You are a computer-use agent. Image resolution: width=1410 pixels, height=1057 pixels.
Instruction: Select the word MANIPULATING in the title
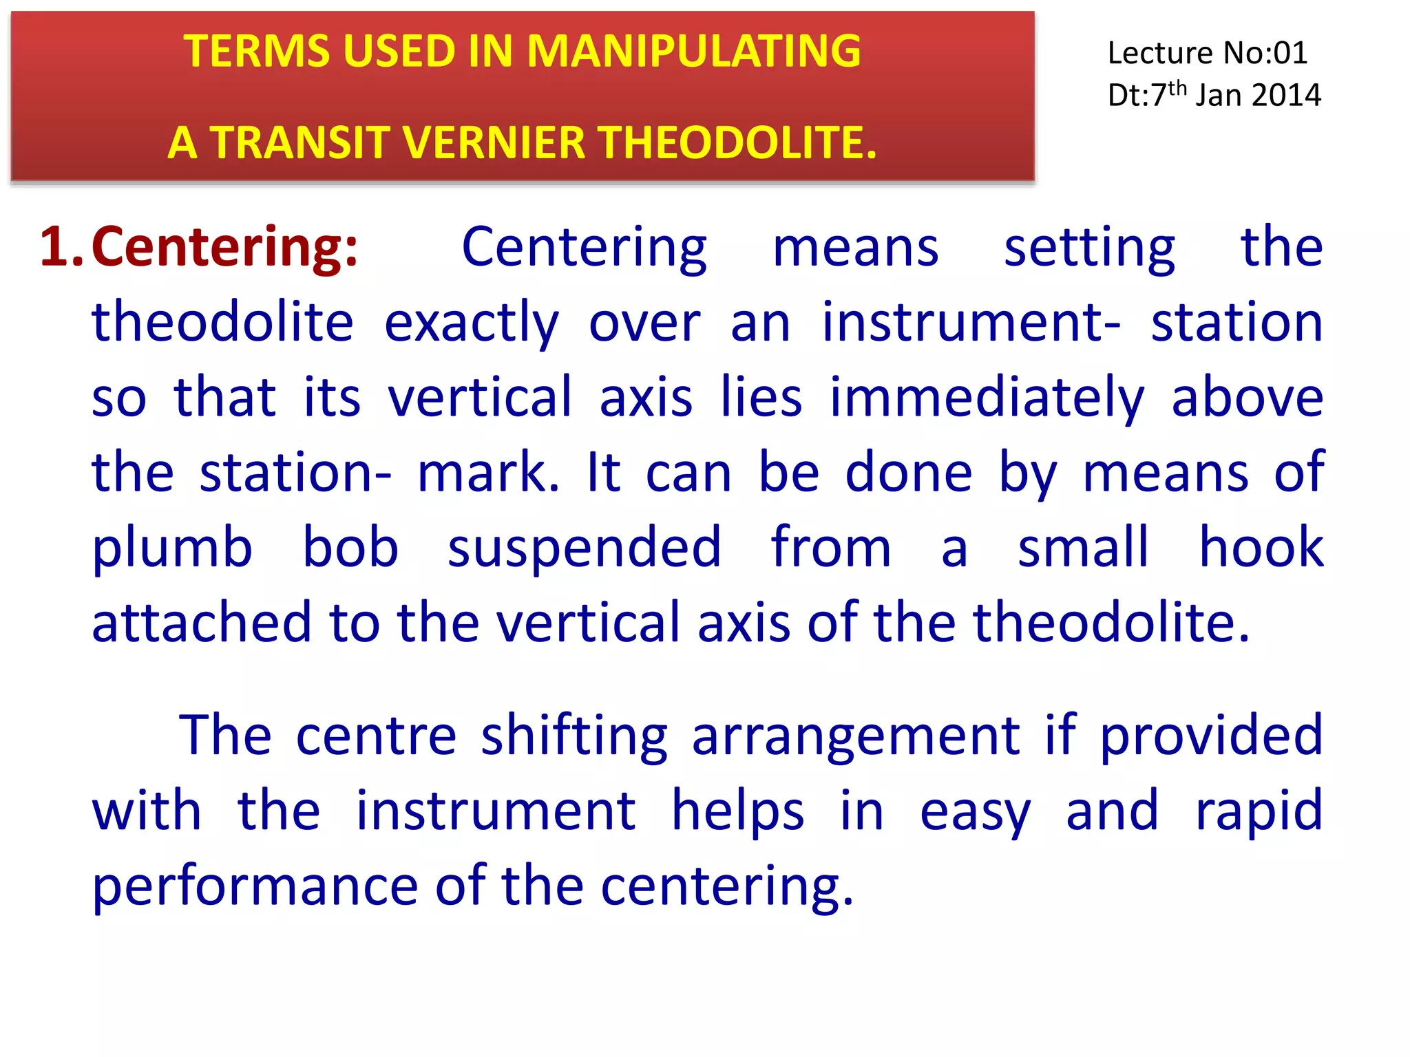[x=693, y=52]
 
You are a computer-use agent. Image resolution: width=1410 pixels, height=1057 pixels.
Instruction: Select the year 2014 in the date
[x=1286, y=96]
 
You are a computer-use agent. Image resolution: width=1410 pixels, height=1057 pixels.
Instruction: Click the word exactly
[x=471, y=323]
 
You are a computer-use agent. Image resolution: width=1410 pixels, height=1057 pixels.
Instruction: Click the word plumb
[x=172, y=548]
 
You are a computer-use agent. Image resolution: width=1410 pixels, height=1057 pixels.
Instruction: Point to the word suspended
[x=584, y=548]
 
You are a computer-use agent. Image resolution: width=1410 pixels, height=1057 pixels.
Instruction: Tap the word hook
[x=1261, y=548]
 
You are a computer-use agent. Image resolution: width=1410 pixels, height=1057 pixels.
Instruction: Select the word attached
[x=202, y=623]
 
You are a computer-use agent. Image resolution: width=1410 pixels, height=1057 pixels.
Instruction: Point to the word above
[x=1248, y=398]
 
